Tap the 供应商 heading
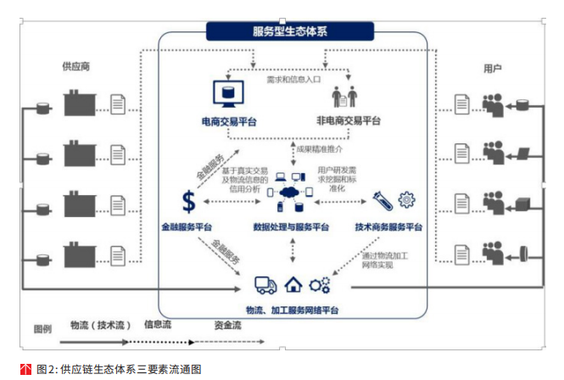coord(75,66)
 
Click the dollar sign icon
coord(189,202)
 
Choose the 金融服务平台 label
coord(187,227)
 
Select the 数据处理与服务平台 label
coord(291,227)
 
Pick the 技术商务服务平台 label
coord(389,227)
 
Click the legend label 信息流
coord(159,325)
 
